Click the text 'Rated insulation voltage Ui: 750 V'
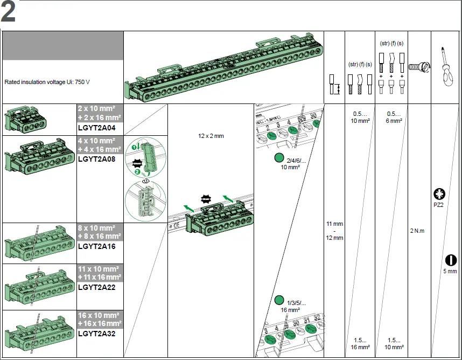47,82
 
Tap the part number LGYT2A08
97,159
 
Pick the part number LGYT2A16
97,246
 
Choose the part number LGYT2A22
97,287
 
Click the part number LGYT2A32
97,334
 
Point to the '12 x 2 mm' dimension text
211,136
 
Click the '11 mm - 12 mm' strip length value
334,231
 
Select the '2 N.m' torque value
417,231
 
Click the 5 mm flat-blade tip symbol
450,260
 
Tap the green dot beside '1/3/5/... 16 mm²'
279,300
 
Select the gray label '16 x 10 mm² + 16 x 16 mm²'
100,319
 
